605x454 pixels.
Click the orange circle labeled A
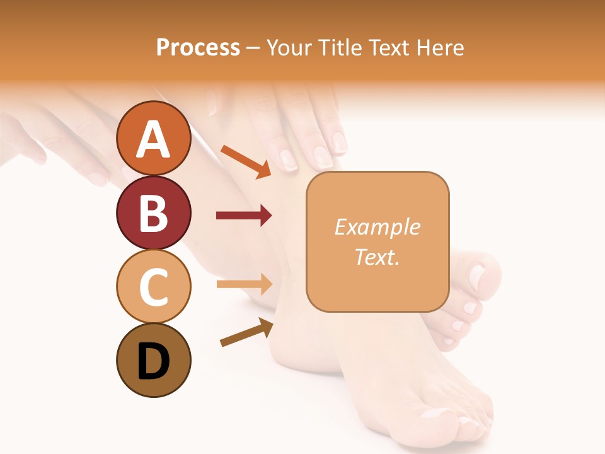coord(153,139)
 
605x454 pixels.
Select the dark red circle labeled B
coord(153,212)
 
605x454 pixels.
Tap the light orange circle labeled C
coord(153,286)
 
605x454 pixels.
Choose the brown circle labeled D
coord(153,360)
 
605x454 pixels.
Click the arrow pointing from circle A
coord(246,161)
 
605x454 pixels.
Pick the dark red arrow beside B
coord(244,216)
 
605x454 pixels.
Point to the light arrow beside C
coord(245,284)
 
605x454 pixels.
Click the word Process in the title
coord(198,48)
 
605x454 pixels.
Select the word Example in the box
coord(377,227)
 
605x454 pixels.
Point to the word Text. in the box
coord(377,257)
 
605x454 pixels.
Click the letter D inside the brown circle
coord(153,361)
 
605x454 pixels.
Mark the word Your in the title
coord(289,48)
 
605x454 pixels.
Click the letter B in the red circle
coord(153,214)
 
